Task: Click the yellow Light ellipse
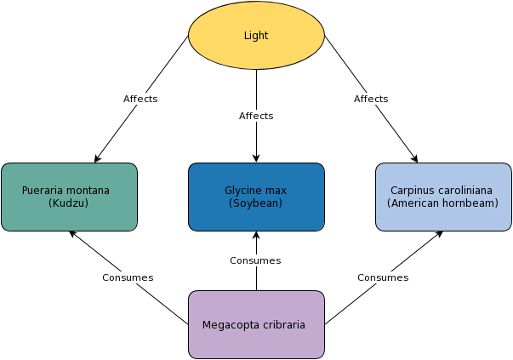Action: [x=257, y=35]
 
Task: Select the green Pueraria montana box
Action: [x=70, y=197]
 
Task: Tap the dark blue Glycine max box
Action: [x=257, y=197]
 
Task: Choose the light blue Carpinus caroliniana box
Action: [x=443, y=197]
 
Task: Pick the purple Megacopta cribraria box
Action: [x=257, y=324]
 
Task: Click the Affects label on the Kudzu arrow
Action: [x=140, y=99]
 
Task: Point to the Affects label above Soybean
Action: [x=256, y=116]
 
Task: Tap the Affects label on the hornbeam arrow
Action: [x=371, y=99]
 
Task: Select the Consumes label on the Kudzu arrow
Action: [x=128, y=277]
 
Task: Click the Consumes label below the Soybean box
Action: [x=255, y=260]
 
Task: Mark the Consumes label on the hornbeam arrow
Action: [x=383, y=277]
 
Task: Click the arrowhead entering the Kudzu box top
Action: [x=97, y=159]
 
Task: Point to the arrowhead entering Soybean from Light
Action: [x=257, y=158]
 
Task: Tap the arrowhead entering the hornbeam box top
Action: [x=415, y=159]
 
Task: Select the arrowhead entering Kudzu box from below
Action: [x=73, y=234]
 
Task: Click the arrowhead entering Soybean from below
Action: [x=257, y=235]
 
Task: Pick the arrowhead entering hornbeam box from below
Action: [x=439, y=234]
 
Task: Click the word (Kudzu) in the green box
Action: [x=68, y=203]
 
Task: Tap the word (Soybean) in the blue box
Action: [x=255, y=203]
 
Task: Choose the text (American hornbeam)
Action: [x=442, y=203]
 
